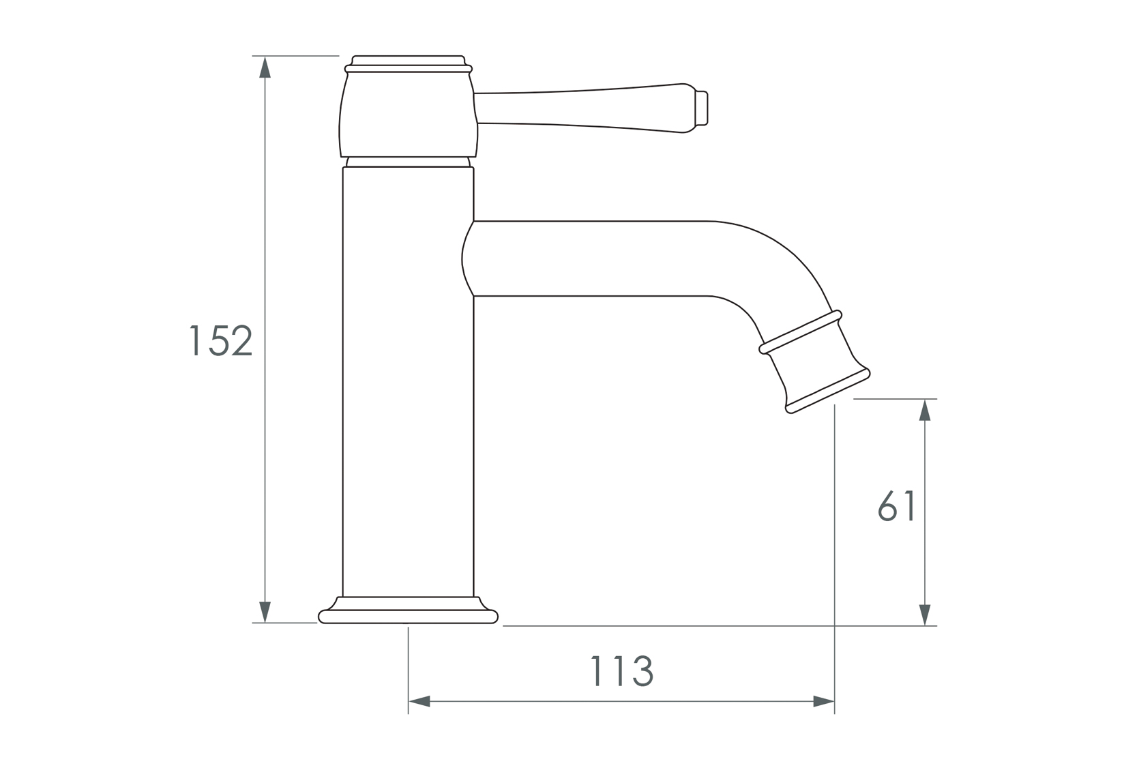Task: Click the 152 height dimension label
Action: [220, 340]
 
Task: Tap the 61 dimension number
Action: [896, 507]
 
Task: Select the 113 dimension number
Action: [621, 671]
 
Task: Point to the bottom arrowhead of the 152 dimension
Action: [265, 611]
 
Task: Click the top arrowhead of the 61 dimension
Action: [925, 410]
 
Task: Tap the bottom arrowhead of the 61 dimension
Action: [925, 614]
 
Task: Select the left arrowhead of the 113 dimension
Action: [419, 701]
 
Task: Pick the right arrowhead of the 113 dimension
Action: [823, 701]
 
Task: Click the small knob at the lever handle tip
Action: [702, 108]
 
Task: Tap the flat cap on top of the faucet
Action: [409, 60]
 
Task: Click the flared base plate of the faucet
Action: [409, 617]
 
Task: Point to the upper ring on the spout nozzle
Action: [801, 332]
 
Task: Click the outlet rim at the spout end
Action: [828, 391]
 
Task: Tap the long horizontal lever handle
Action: [580, 108]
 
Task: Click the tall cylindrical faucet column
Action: [408, 382]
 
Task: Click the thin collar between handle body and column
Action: [408, 162]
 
